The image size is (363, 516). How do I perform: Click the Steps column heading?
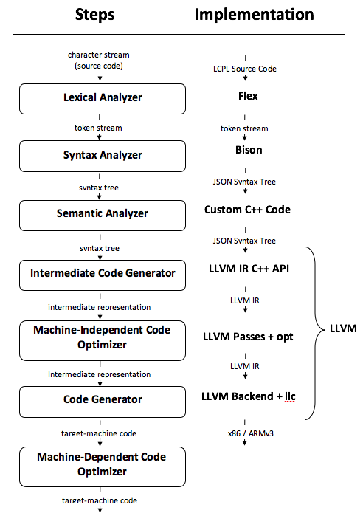[x=94, y=15]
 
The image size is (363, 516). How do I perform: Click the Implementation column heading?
[x=254, y=15]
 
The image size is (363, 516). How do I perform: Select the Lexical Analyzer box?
[x=103, y=99]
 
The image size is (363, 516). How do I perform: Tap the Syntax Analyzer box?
[x=103, y=156]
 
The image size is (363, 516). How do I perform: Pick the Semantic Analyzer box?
[x=103, y=216]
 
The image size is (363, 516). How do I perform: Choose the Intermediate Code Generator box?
[x=103, y=275]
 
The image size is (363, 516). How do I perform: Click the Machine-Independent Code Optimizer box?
[x=103, y=340]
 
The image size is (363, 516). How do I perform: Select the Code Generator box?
[x=103, y=402]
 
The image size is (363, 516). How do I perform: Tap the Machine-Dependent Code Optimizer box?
[x=103, y=467]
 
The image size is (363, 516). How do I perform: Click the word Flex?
[x=248, y=96]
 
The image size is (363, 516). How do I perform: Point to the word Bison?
[x=249, y=150]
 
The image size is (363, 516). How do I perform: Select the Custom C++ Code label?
[x=247, y=210]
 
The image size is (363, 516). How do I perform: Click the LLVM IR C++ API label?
[x=249, y=269]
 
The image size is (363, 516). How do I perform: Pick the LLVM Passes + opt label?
[x=248, y=337]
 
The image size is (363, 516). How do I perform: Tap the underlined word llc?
[x=290, y=396]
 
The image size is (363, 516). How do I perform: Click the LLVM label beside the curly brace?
[x=343, y=328]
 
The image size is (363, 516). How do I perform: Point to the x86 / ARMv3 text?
[x=251, y=433]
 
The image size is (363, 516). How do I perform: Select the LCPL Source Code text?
[x=245, y=69]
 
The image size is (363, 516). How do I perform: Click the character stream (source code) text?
[x=99, y=61]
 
